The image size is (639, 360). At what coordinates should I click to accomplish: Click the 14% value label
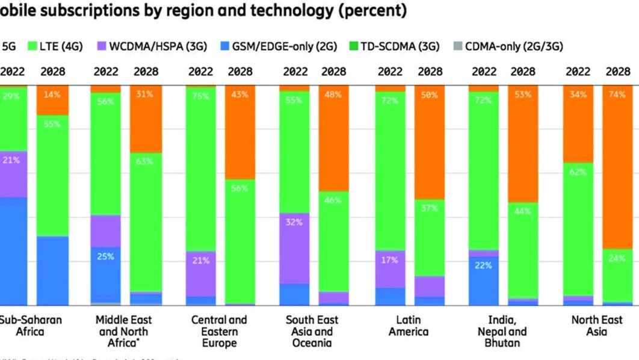point(52,95)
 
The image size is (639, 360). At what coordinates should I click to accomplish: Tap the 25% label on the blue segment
point(105,256)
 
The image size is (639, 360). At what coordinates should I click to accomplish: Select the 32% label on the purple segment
point(295,222)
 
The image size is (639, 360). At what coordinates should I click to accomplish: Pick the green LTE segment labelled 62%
point(578,229)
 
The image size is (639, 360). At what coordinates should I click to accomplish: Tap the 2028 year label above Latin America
point(430,72)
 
